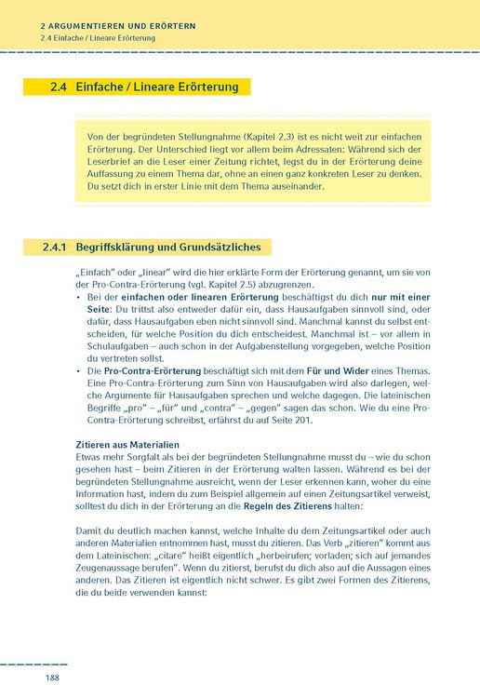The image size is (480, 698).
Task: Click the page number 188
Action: pos(52,678)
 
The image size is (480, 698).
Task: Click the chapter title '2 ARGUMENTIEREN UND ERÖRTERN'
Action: pos(118,26)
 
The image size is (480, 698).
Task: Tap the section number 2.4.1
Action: pos(59,248)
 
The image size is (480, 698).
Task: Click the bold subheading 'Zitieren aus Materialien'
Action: pos(127,446)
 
